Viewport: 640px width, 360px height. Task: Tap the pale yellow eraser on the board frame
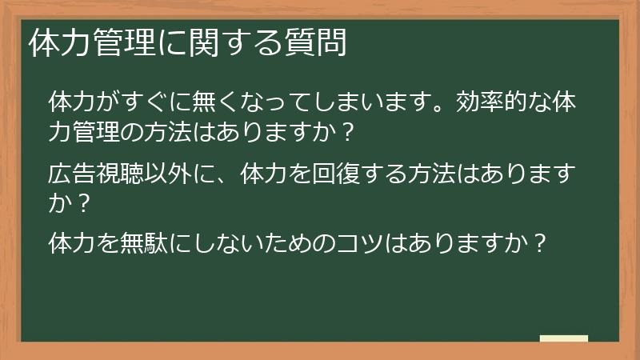pos(563,339)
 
